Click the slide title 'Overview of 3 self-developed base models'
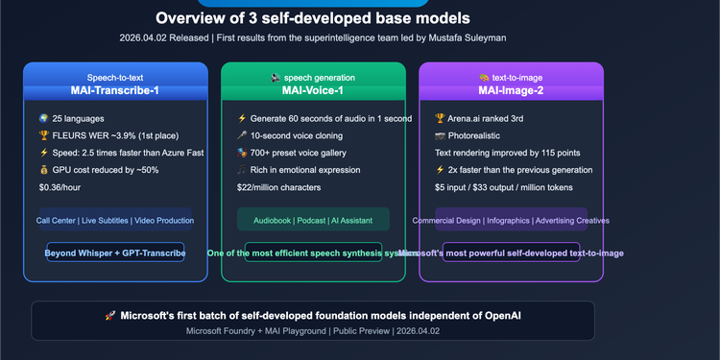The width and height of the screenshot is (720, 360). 313,18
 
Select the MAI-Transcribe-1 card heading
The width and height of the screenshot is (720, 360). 114,91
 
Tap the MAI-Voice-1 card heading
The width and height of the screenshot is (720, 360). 312,91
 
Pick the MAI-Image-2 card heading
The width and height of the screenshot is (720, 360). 511,91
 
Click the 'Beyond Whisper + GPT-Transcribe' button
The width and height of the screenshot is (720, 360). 115,252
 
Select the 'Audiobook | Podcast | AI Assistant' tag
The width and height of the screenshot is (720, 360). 313,220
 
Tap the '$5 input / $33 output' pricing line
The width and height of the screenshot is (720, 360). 509,186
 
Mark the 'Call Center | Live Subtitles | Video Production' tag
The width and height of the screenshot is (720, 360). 115,220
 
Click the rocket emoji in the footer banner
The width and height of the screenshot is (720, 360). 111,315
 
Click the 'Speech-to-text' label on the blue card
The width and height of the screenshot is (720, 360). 114,77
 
